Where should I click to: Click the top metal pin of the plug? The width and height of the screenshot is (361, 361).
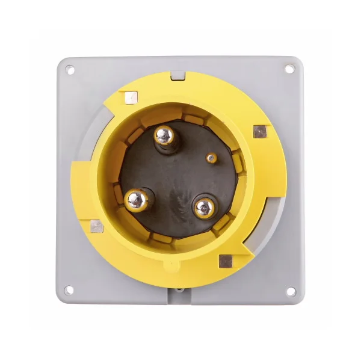tap(164, 136)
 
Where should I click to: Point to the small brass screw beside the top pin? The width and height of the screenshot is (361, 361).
tap(210, 158)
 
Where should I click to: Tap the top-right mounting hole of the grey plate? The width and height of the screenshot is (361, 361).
tap(289, 69)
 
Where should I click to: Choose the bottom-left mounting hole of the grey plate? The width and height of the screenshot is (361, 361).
tap(70, 290)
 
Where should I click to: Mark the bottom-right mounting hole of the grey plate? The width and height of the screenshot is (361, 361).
tap(290, 291)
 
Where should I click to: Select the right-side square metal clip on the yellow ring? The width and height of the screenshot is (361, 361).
tap(259, 131)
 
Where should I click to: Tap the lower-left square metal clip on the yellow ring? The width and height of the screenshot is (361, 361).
tap(96, 226)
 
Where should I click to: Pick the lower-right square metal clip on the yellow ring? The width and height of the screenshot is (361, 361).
tap(226, 261)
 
